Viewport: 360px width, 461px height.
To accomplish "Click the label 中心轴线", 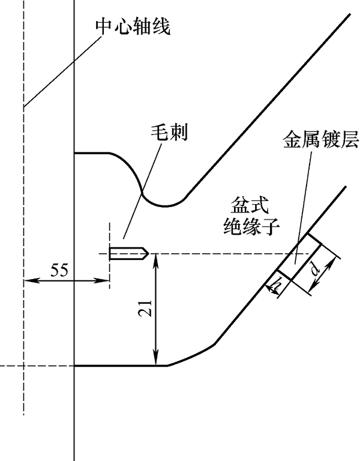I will (x=133, y=28).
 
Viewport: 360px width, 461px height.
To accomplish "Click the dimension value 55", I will (x=59, y=271).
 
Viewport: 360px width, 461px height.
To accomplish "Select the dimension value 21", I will (x=143, y=309).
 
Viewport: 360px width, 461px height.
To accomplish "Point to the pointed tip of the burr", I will (x=146, y=253).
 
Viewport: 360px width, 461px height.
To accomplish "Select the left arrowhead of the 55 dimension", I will (x=28, y=280).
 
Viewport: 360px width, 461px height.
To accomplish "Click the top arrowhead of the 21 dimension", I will (x=155, y=258).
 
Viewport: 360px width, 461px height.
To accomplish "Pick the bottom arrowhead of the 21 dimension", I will (x=155, y=361).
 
